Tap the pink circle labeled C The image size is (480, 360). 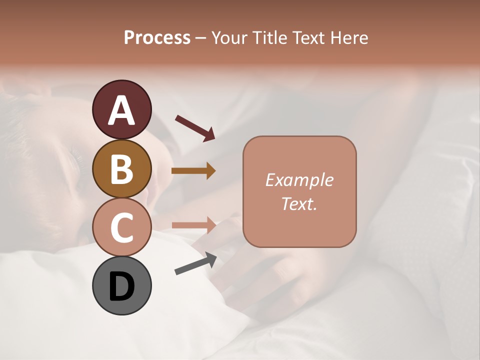(121, 227)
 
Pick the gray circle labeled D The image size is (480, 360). (121, 285)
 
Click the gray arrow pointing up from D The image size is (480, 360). (195, 263)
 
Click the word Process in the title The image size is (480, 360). (157, 38)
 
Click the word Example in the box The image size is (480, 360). (299, 180)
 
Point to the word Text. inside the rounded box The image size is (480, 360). (299, 203)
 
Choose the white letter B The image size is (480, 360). (121, 169)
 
